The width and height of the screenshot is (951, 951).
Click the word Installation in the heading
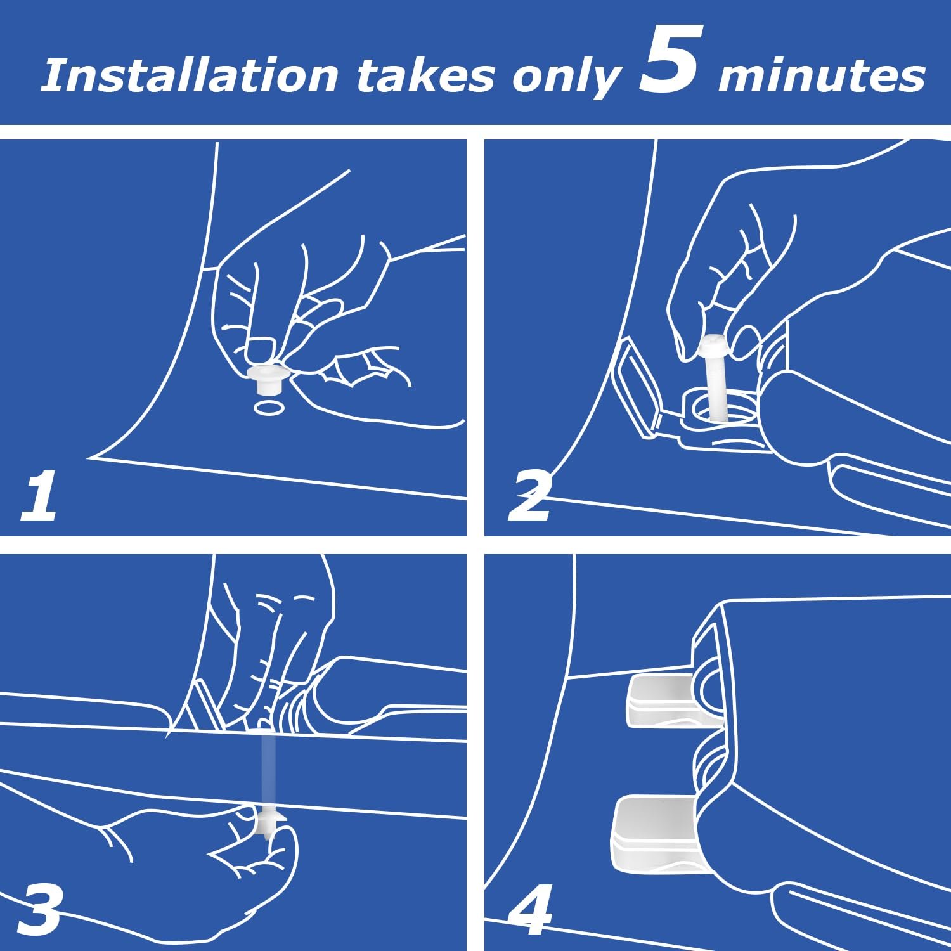pyautogui.click(x=190, y=76)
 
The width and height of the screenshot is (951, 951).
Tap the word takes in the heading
pyautogui.click(x=425, y=76)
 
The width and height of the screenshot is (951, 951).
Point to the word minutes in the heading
pyautogui.click(x=821, y=77)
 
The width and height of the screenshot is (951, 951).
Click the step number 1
pyautogui.click(x=39, y=496)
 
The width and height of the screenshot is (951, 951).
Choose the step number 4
pyautogui.click(x=530, y=911)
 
